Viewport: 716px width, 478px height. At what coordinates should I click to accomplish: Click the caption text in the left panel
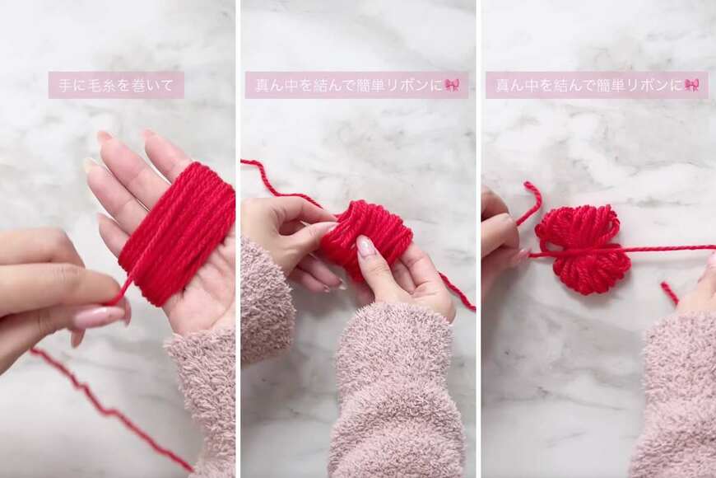(116, 86)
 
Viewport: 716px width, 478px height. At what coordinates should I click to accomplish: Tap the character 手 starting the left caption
(65, 86)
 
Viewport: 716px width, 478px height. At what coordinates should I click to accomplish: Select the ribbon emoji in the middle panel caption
(453, 85)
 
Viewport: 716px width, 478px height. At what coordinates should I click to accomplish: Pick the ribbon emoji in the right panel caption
(691, 85)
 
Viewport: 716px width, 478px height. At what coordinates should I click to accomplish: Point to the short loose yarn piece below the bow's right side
(669, 293)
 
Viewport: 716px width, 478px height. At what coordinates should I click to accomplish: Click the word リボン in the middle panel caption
(405, 86)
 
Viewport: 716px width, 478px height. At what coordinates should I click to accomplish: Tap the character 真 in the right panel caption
(502, 86)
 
